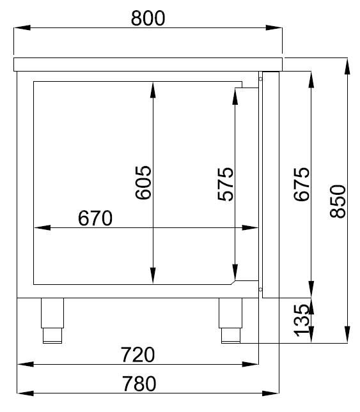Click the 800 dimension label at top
click(148, 18)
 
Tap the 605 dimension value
click(143, 183)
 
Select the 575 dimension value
click(226, 183)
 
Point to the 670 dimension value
click(95, 218)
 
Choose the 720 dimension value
click(137, 354)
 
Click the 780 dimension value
click(138, 383)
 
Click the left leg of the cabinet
click(52, 319)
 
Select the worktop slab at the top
click(148, 63)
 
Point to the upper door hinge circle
click(261, 79)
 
